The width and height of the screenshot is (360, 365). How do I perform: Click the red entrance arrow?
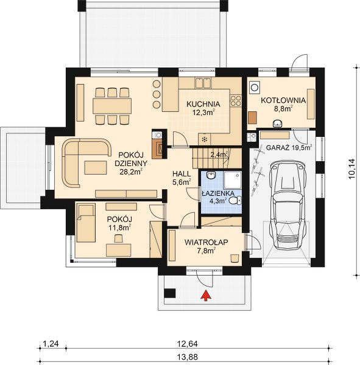pos(206,296)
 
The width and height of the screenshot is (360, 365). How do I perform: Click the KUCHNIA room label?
pos(203,104)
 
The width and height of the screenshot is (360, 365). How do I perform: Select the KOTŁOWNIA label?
pos(283,100)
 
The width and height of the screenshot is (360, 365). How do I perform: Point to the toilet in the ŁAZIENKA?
pos(235,200)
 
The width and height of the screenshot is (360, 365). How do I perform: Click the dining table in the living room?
pos(112,106)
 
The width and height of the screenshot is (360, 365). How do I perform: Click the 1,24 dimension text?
pos(51,344)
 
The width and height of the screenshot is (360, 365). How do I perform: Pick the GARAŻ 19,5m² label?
pos(289,147)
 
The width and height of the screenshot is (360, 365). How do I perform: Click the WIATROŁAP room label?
pos(206,242)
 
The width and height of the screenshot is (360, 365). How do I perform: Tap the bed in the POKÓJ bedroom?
pos(86,223)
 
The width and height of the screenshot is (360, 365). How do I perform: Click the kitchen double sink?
pos(203,83)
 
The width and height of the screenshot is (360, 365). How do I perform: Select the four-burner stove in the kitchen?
pos(236,101)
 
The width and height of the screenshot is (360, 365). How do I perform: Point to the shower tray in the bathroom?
pos(233,180)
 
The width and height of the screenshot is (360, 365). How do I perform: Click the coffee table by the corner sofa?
pos(96,167)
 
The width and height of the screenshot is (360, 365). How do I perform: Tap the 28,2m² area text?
pos(131,172)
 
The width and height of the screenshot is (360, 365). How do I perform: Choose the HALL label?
pos(182,173)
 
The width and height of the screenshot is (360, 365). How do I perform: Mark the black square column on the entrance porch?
pos(170,293)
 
